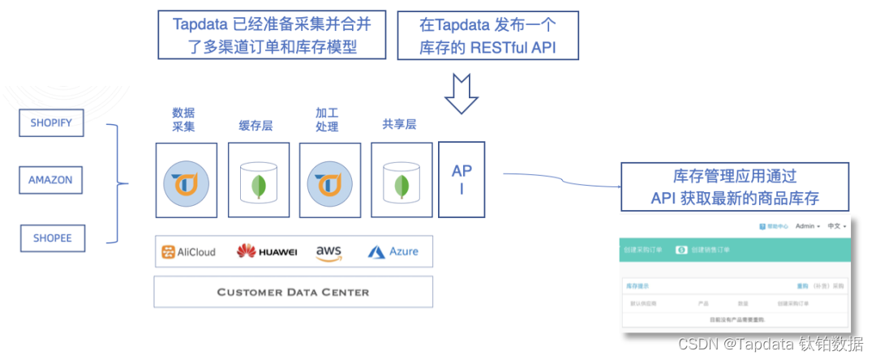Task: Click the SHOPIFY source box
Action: click(x=51, y=123)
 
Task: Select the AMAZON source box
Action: click(x=50, y=180)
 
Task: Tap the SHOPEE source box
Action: click(x=52, y=238)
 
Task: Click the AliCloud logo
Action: click(x=188, y=252)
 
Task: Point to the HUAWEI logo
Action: click(x=267, y=252)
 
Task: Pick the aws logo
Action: click(x=328, y=253)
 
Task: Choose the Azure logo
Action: click(x=393, y=252)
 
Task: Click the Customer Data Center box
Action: click(x=293, y=292)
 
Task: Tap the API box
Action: click(x=462, y=180)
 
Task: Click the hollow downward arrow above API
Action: click(x=462, y=92)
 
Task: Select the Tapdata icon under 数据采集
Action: click(x=186, y=181)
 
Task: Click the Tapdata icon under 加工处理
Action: click(x=328, y=181)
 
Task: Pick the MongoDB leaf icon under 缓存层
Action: click(x=258, y=186)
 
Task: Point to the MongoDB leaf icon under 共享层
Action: click(x=401, y=186)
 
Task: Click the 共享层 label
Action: click(x=399, y=125)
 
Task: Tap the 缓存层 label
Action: click(x=255, y=126)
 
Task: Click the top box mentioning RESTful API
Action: click(x=487, y=36)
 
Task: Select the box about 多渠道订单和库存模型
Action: click(x=272, y=36)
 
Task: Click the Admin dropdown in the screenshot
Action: click(x=807, y=226)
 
